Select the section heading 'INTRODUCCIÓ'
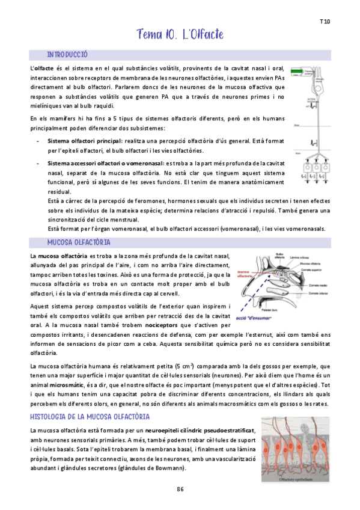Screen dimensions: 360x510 click(67, 55)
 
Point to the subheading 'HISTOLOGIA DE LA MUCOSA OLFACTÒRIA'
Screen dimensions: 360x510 click(90, 417)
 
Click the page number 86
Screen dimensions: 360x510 click(180, 489)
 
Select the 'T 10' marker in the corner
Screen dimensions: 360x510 click(325, 22)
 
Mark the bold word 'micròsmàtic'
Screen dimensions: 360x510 click(67, 384)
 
